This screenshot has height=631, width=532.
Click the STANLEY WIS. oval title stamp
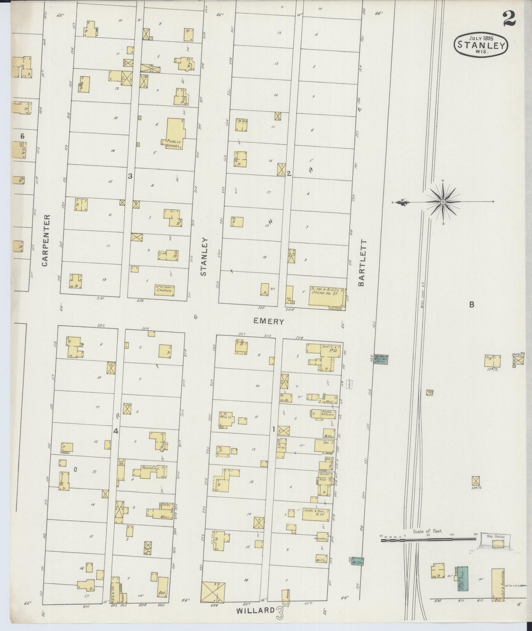pyautogui.click(x=481, y=45)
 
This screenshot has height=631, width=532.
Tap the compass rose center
pyautogui.click(x=443, y=202)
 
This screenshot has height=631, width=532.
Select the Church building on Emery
pyautogui.click(x=164, y=290)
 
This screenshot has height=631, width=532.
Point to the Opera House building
pyautogui.click(x=326, y=297)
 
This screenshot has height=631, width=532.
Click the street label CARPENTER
pyautogui.click(x=45, y=240)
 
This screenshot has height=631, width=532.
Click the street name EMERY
pyautogui.click(x=269, y=321)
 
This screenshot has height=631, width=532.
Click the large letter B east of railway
pyautogui.click(x=471, y=304)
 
